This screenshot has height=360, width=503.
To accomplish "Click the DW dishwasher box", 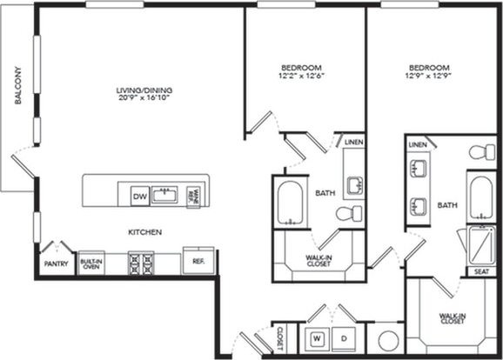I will (139, 197).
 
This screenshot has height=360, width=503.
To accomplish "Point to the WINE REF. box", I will (196, 195).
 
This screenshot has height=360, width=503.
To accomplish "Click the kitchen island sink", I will (166, 194).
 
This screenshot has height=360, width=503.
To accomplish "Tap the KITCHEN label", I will (146, 231).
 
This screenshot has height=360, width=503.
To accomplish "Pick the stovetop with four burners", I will (140, 261).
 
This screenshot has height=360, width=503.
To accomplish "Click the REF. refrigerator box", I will (198, 260).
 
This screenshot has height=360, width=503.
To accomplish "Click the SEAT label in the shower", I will (481, 271).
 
